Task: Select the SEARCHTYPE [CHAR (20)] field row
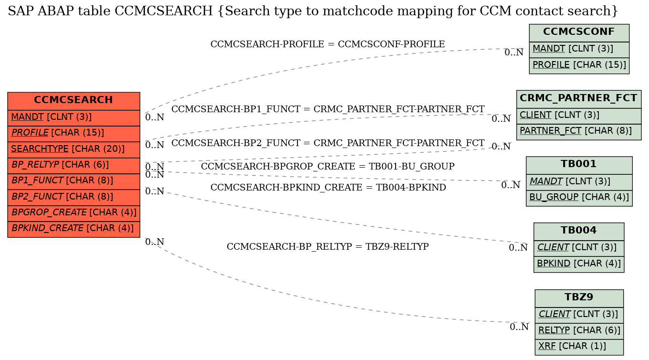click(73, 149)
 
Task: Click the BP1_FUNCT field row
click(73, 181)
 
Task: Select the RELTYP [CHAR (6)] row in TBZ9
click(579, 331)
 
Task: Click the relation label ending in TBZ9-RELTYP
click(327, 247)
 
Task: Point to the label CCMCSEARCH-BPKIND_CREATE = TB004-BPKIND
click(328, 188)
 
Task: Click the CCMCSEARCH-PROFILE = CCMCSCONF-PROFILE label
click(327, 44)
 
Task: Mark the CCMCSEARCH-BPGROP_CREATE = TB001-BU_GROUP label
click(327, 166)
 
